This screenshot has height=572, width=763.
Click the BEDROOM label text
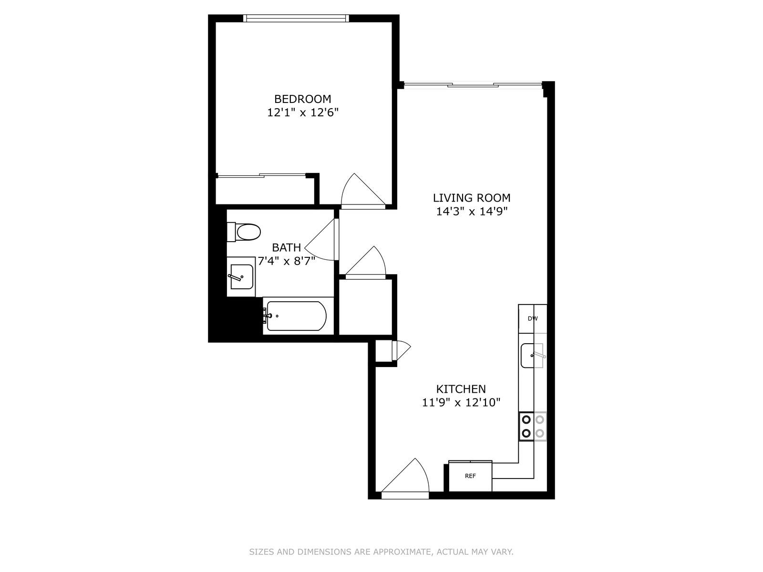302,99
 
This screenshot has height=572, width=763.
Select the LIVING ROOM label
471,198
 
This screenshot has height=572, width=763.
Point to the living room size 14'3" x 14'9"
471,212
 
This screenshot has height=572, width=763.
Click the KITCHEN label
461,389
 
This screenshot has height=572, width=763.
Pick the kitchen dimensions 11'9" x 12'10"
461,403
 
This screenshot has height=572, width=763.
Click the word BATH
286,247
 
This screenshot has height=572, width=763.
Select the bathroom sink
241,276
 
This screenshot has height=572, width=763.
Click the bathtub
296,316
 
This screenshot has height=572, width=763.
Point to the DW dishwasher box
532,318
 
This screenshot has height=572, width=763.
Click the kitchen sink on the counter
532,355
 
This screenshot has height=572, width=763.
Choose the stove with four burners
533,426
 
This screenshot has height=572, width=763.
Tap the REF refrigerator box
470,476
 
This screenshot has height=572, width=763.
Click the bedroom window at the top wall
296,18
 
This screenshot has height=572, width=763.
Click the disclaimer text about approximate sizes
381,552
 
